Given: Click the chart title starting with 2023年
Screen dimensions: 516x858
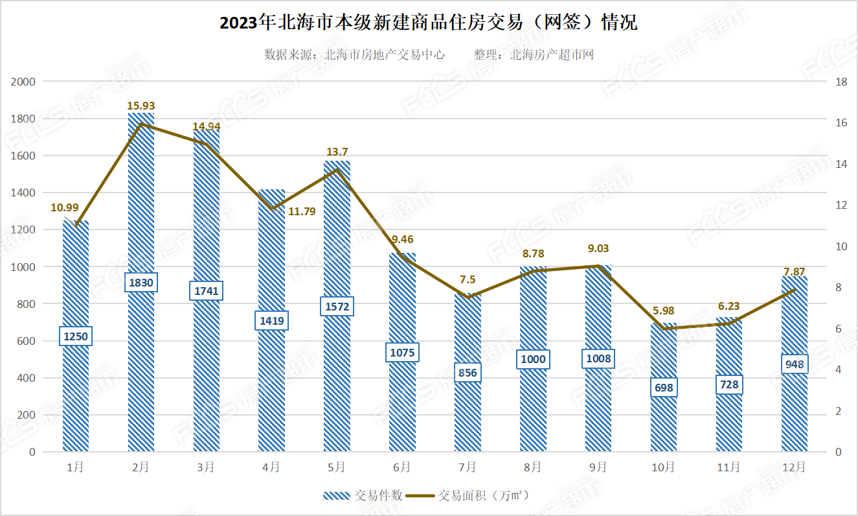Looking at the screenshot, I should tap(429, 23).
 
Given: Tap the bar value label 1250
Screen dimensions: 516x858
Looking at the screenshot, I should tap(76, 336).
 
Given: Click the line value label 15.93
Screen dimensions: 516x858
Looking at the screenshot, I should tap(141, 106).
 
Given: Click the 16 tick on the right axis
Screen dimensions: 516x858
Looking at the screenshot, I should tap(841, 123).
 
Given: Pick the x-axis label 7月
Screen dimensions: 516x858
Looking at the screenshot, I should tap(467, 467).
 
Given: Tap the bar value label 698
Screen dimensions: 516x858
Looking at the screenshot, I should tap(664, 388).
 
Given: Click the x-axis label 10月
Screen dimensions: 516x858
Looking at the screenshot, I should tap(664, 467).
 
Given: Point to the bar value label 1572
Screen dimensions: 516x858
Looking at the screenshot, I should tap(337, 307).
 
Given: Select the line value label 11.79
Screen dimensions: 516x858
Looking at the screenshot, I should tap(301, 211).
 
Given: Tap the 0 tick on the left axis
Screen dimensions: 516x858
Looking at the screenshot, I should tap(30, 452).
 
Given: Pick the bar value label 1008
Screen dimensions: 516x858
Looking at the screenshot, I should tap(598, 358).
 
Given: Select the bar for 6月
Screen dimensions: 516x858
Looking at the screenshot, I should tap(402, 402).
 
